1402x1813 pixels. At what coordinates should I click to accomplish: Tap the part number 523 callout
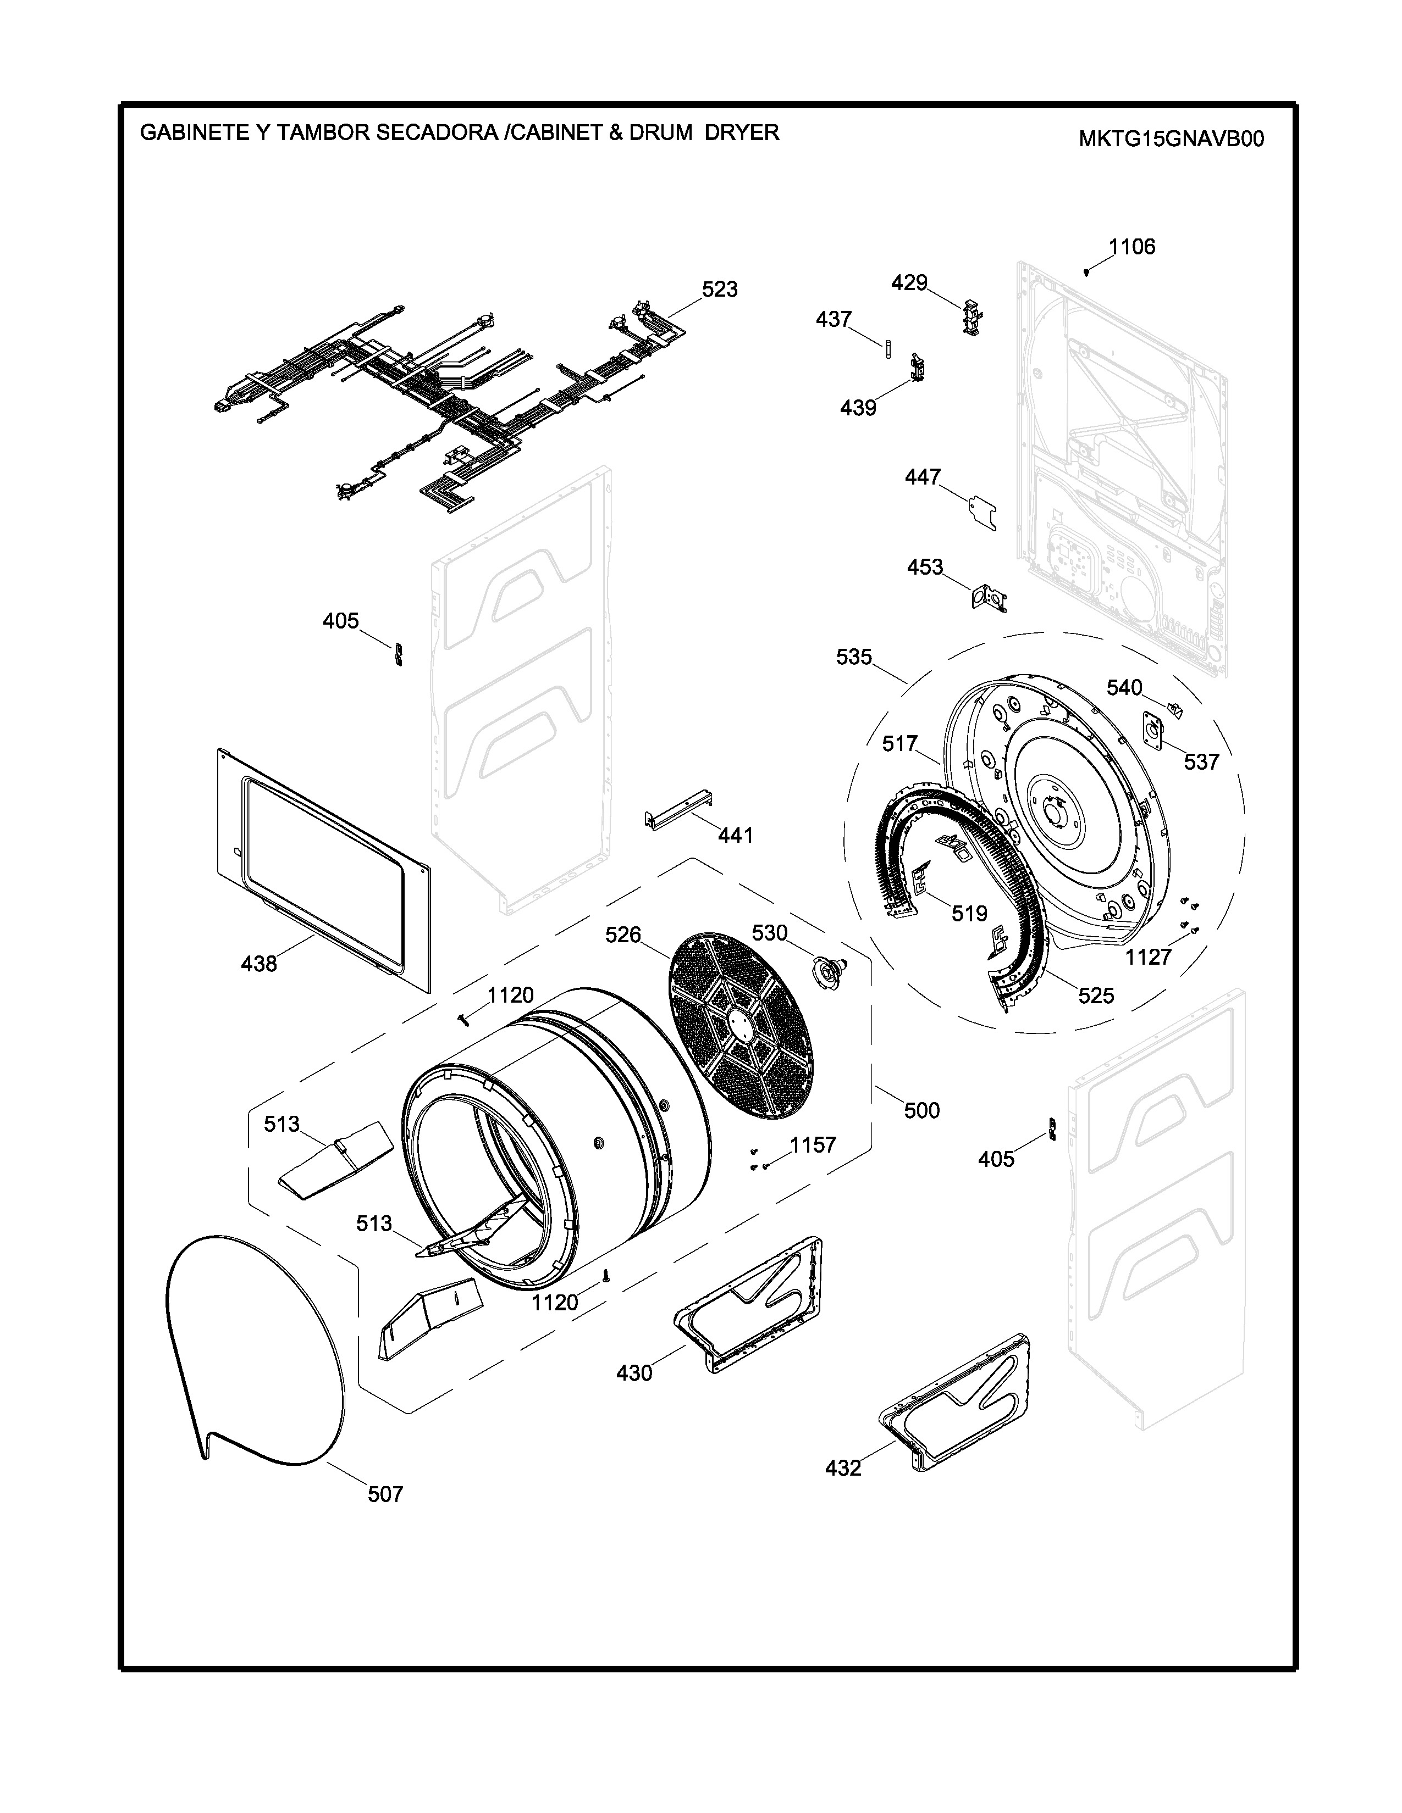(x=719, y=290)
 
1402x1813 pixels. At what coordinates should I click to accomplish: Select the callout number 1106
(x=1132, y=247)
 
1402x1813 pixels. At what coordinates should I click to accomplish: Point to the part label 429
(x=909, y=283)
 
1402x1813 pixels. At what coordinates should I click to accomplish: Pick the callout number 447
(x=923, y=477)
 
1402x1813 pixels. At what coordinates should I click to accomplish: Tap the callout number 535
(x=854, y=658)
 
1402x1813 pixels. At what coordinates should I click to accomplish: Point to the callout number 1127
(x=1148, y=957)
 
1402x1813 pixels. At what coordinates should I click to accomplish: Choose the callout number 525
(x=1096, y=996)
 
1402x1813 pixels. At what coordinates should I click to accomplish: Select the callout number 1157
(x=812, y=1145)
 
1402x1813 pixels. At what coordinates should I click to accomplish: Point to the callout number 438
(x=258, y=964)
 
